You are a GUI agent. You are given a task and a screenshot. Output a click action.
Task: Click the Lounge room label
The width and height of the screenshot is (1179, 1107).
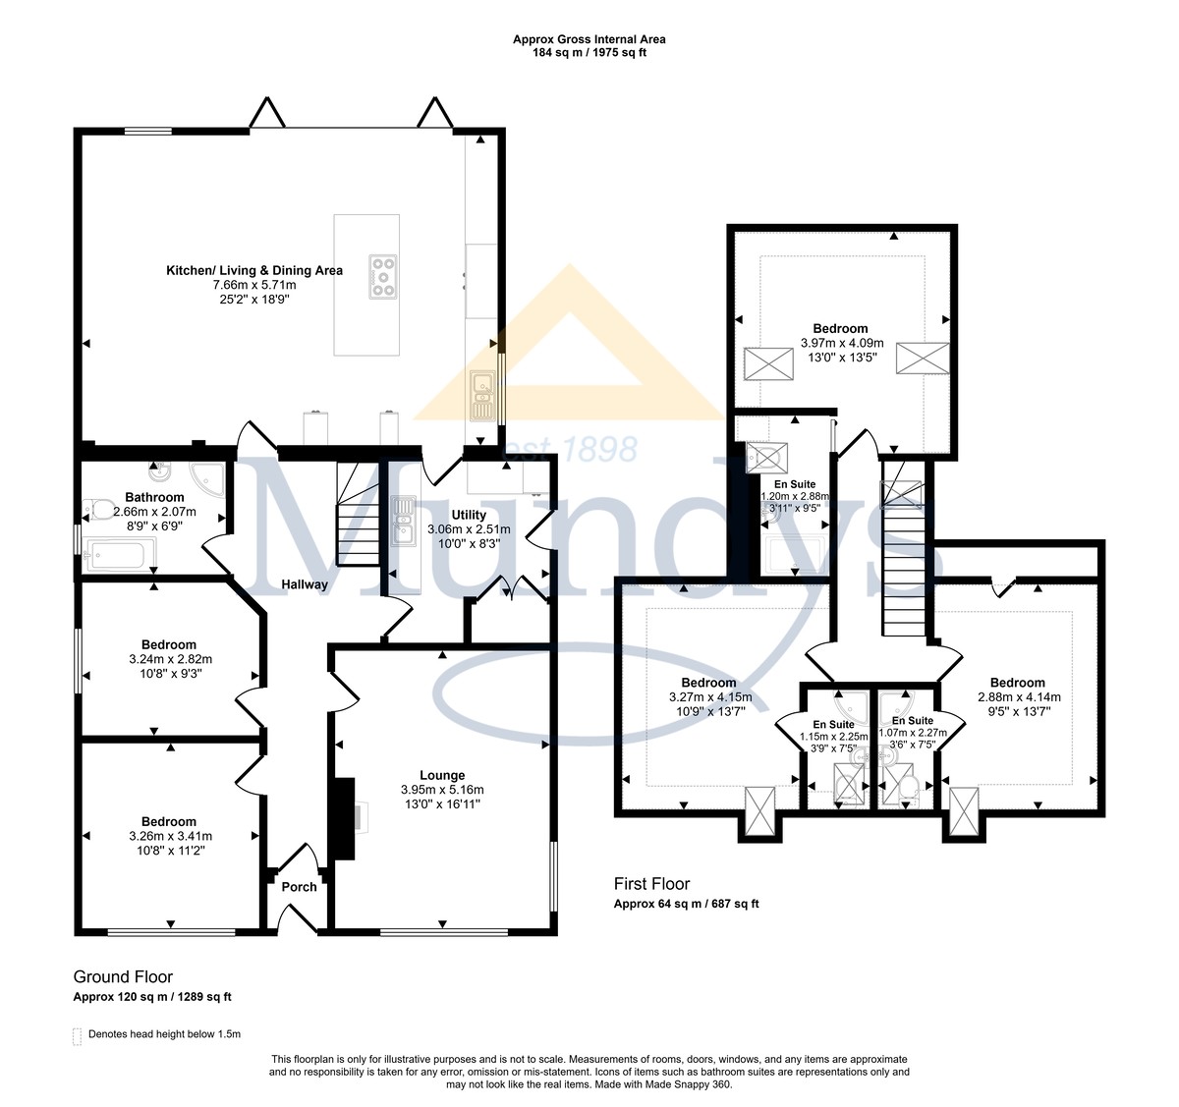[442, 775]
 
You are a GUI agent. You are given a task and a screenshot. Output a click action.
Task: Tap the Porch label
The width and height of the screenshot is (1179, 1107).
[299, 887]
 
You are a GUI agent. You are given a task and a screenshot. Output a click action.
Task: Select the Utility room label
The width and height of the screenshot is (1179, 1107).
[469, 515]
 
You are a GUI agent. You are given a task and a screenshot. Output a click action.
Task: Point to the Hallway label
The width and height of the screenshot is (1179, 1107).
[305, 584]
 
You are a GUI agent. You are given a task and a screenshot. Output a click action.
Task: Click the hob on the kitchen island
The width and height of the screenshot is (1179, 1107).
[383, 276]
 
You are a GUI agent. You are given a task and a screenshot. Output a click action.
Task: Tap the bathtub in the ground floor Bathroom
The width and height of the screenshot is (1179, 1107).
[122, 554]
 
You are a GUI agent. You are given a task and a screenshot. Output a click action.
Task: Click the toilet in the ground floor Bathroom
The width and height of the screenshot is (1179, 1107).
[98, 509]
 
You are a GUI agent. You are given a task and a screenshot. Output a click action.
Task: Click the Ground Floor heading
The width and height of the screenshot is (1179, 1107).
[123, 976]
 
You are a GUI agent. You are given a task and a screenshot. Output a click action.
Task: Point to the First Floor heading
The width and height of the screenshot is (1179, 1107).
[651, 884]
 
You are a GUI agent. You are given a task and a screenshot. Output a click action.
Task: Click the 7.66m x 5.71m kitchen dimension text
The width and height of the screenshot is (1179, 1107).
[254, 285]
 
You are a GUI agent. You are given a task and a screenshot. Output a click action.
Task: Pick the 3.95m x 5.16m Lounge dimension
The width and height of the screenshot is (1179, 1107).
[442, 790]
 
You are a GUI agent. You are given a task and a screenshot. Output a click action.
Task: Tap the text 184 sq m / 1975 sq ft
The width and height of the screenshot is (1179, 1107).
[589, 52]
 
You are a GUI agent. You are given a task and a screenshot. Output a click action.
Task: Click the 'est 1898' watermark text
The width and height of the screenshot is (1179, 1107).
[570, 449]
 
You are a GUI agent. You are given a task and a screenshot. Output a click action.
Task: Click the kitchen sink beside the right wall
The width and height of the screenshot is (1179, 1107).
[482, 395]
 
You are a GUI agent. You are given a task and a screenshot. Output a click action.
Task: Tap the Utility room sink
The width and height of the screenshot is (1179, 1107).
[404, 521]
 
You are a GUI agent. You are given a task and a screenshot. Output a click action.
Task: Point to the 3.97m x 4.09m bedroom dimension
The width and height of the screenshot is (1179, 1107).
[841, 343]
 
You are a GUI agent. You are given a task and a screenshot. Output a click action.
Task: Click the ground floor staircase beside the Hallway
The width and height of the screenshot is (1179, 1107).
[358, 514]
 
